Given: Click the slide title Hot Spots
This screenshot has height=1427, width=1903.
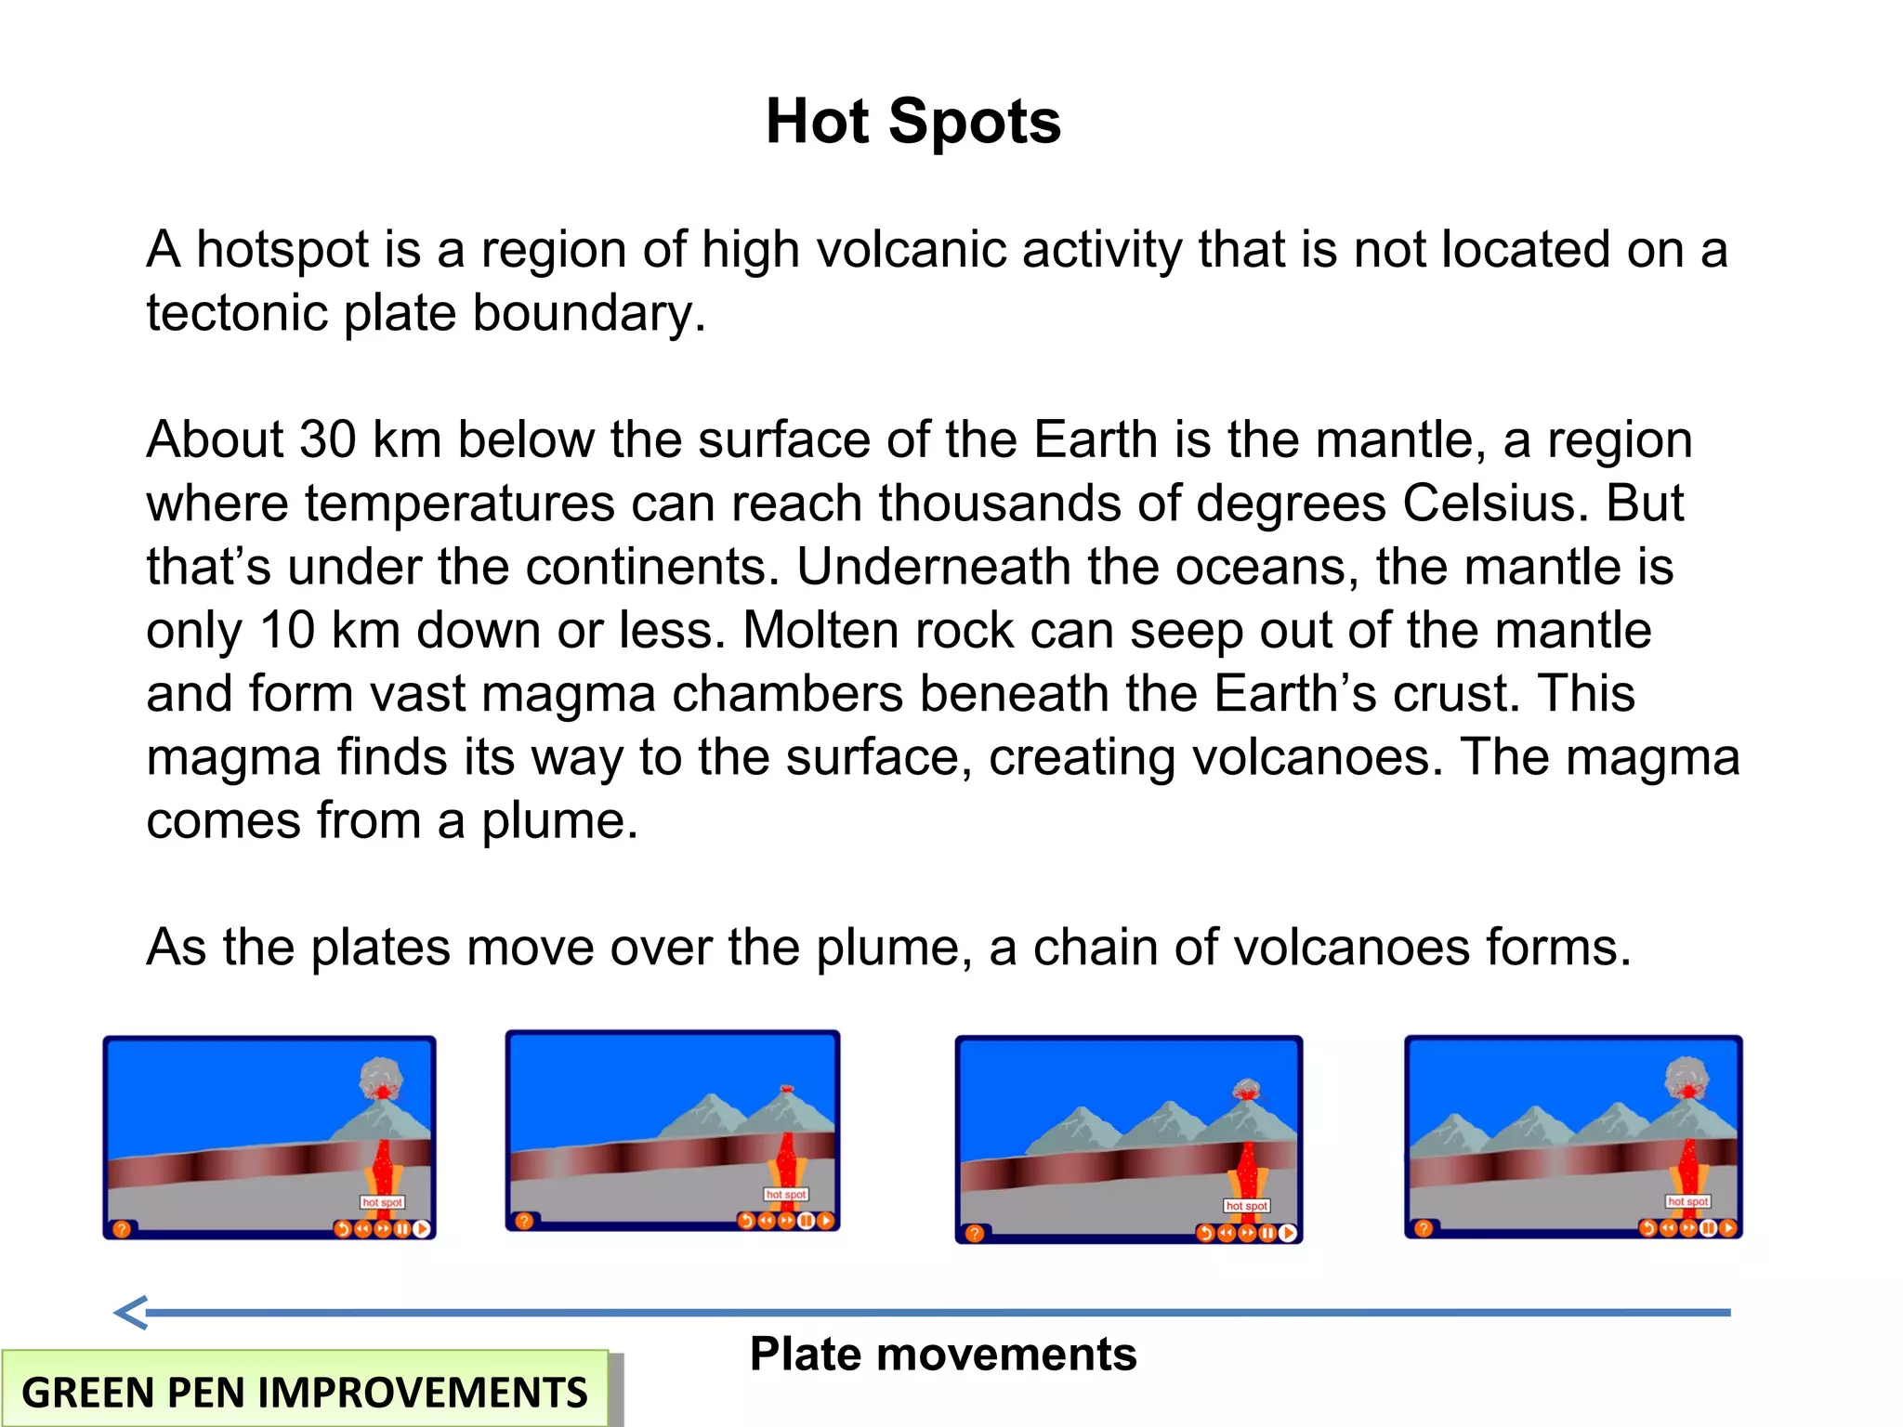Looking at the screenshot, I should pos(912,122).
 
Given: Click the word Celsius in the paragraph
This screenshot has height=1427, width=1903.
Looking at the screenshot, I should pos(1483,504).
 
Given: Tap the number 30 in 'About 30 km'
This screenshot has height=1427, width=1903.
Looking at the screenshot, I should pos(328,439).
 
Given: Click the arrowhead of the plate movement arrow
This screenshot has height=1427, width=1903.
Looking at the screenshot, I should pos(130,1312).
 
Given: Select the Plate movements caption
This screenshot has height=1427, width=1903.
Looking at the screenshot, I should pos(942,1354).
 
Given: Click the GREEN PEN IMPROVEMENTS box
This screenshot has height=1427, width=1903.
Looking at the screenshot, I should pos(305,1391).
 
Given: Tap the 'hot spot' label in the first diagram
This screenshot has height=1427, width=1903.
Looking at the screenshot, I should pos(382,1202).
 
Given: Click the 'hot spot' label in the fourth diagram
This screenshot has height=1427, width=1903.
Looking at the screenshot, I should pos(1687,1201).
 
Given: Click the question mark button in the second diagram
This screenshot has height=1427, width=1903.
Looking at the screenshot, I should pos(524,1221).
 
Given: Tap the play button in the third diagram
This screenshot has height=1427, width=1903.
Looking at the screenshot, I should pos(1288,1233).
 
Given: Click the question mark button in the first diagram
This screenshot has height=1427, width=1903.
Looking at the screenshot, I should pos(121,1229).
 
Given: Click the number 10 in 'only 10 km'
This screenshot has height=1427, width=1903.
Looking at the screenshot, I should pos(287,630).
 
